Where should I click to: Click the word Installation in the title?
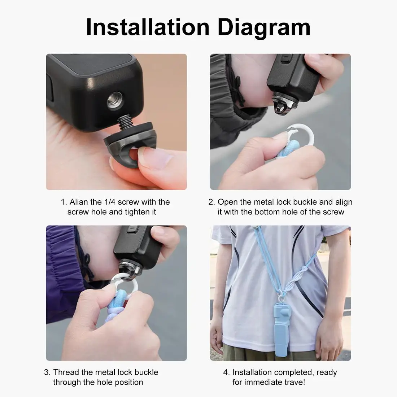[148, 27]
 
